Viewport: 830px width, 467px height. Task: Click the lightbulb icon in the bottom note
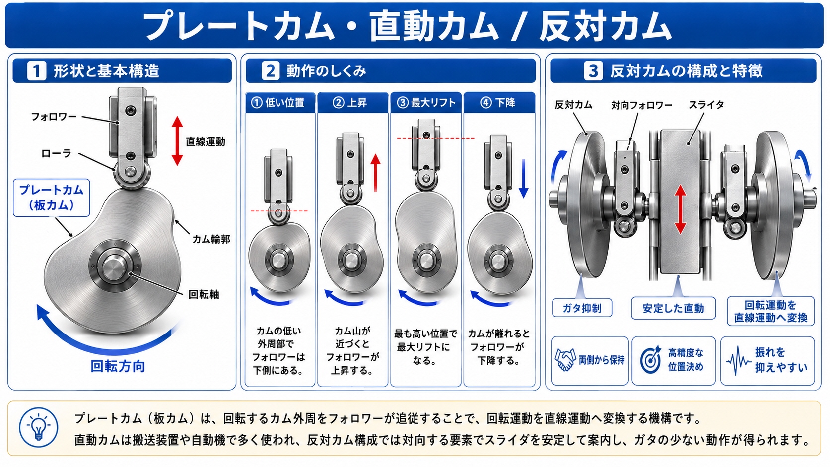pyautogui.click(x=39, y=428)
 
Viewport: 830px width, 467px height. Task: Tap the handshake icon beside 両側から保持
pyautogui.click(x=565, y=360)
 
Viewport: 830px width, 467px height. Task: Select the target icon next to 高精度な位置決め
pyautogui.click(x=651, y=360)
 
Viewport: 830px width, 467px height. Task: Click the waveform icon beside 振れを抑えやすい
pyautogui.click(x=739, y=360)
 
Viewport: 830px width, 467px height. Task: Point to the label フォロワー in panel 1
pyautogui.click(x=54, y=117)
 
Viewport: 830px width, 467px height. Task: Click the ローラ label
pyautogui.click(x=56, y=153)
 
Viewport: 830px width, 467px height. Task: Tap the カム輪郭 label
pyautogui.click(x=211, y=239)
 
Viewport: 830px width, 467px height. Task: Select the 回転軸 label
pyautogui.click(x=204, y=294)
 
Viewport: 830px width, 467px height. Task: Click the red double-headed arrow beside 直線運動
pyautogui.click(x=177, y=141)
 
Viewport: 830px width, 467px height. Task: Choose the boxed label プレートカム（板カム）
pyautogui.click(x=52, y=198)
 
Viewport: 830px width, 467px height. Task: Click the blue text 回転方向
pyautogui.click(x=118, y=366)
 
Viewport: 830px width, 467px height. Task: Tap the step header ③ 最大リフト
pyautogui.click(x=426, y=103)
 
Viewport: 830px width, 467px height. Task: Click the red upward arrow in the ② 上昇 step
pyautogui.click(x=376, y=173)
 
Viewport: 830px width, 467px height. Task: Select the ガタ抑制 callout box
pyautogui.click(x=582, y=308)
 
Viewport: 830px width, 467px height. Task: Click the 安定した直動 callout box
pyautogui.click(x=673, y=308)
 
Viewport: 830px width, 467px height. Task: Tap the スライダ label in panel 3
pyautogui.click(x=706, y=105)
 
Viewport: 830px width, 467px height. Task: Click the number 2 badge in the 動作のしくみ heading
pyautogui.click(x=271, y=71)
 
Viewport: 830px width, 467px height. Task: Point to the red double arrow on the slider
pyautogui.click(x=680, y=209)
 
